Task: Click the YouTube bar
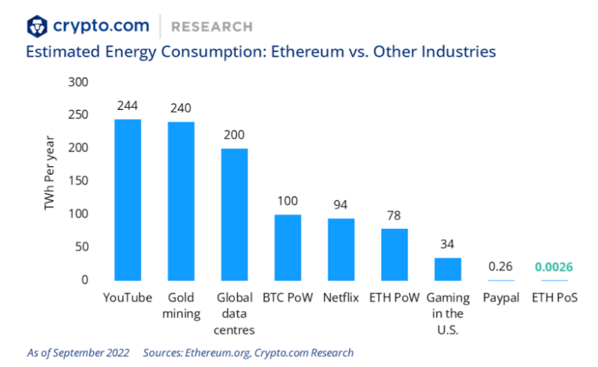pyautogui.click(x=128, y=199)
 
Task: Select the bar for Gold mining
pyautogui.click(x=181, y=201)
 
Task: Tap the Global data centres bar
pyautogui.click(x=234, y=214)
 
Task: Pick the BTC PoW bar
pyautogui.click(x=288, y=247)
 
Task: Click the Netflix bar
pyautogui.click(x=341, y=250)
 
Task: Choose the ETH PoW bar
pyautogui.click(x=394, y=254)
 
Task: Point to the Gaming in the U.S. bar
pyautogui.click(x=447, y=269)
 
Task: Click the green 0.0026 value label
pyautogui.click(x=554, y=267)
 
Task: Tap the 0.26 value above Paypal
pyautogui.click(x=501, y=267)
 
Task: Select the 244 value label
pyautogui.click(x=128, y=106)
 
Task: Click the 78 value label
pyautogui.click(x=394, y=216)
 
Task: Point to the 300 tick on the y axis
pyautogui.click(x=78, y=82)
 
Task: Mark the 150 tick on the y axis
pyautogui.click(x=78, y=181)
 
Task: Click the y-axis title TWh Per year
pyautogui.click(x=50, y=181)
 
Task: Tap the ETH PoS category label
pyautogui.click(x=554, y=298)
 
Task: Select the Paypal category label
pyautogui.click(x=501, y=298)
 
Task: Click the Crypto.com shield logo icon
pyautogui.click(x=37, y=27)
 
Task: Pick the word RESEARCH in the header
pyautogui.click(x=211, y=27)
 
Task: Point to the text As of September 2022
pyautogui.click(x=78, y=352)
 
